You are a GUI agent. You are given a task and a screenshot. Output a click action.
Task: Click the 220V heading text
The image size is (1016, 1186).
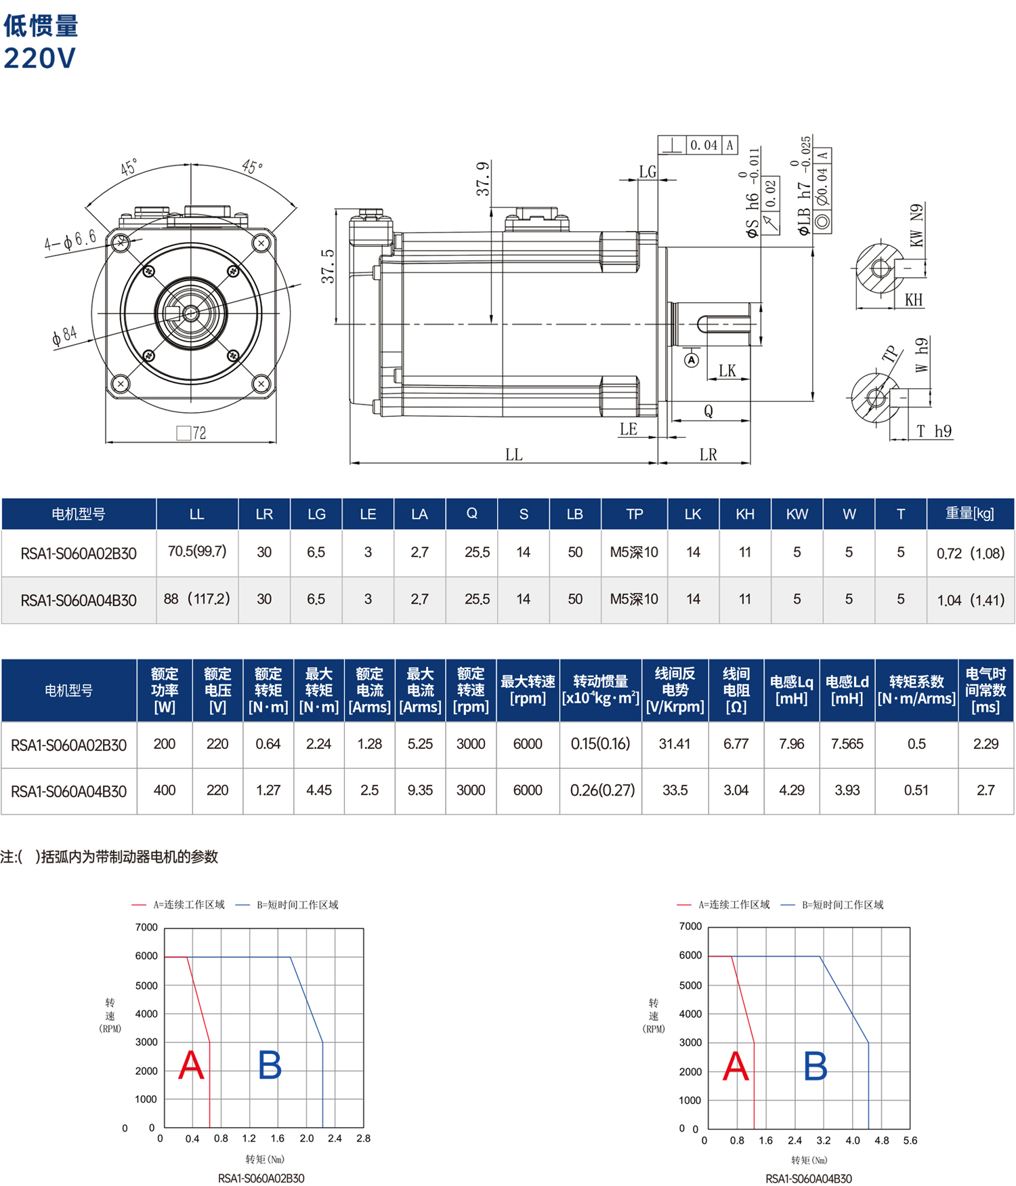[40, 58]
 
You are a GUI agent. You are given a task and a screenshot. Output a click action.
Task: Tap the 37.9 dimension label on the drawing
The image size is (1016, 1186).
[483, 179]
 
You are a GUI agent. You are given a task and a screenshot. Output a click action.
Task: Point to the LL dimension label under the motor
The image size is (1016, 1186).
[514, 455]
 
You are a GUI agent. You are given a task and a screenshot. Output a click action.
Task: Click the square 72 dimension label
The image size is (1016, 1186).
[191, 433]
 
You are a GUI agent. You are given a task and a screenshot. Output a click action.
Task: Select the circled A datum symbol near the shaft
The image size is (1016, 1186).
[692, 360]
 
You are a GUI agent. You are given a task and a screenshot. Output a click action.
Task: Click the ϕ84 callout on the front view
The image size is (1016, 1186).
[65, 335]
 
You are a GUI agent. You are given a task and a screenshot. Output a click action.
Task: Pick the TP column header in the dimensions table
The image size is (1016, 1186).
[635, 514]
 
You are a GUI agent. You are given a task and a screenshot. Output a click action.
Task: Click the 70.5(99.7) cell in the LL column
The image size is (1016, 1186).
[197, 552]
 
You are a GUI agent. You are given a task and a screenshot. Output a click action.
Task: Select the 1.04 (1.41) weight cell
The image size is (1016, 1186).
[971, 600]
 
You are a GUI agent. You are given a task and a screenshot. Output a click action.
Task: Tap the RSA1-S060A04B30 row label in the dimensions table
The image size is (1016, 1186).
[79, 600]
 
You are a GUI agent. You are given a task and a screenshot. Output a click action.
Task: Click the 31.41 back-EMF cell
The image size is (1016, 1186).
[675, 744]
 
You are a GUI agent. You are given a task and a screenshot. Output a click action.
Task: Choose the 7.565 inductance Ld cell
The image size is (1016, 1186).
[847, 744]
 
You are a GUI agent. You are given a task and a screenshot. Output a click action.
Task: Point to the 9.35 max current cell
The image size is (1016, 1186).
[420, 790]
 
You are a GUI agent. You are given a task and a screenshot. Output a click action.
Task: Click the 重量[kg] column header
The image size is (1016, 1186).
[970, 514]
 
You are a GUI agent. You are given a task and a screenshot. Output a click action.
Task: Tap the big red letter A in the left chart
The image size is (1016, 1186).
[191, 1065]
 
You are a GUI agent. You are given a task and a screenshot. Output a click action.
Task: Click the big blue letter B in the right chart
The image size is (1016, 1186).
[816, 1066]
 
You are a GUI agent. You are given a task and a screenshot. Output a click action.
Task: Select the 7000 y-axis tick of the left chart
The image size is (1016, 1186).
[146, 927]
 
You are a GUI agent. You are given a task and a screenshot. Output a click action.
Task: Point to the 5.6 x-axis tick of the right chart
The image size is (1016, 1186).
[910, 1141]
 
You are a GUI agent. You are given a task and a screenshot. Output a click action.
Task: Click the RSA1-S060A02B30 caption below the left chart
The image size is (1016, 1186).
[261, 1179]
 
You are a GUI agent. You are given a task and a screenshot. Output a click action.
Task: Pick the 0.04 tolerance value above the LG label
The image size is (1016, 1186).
[704, 145]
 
